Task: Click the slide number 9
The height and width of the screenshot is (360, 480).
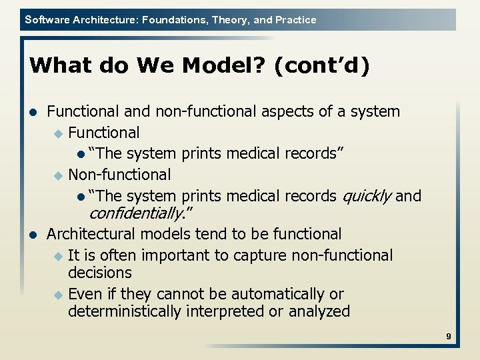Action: coord(449,337)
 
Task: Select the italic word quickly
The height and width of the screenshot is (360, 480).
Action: coord(366,196)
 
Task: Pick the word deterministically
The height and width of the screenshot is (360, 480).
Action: coord(134,311)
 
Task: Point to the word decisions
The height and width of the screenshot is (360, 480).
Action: coord(100,273)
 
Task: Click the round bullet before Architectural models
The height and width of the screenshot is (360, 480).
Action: coord(33,235)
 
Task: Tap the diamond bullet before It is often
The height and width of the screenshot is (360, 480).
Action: coord(57,256)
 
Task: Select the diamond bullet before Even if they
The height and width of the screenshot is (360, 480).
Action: coord(57,295)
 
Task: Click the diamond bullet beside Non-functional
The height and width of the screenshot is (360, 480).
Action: coord(57,175)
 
